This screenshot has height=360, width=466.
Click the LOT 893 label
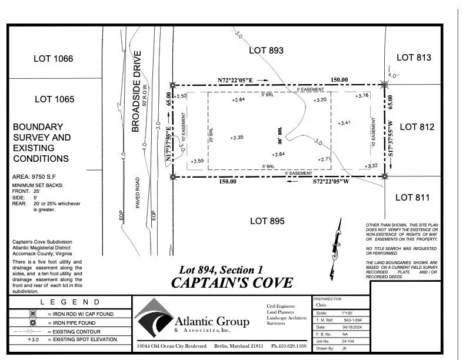coord(267,51)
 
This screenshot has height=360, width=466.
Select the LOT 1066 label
coord(54,58)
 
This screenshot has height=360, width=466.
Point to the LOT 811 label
coord(412,197)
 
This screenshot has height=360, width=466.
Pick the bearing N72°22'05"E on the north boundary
coord(235,79)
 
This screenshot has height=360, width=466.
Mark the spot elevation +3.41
coord(344,123)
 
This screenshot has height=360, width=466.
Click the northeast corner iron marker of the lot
coord(384,85)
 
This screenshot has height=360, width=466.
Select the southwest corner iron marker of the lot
coord(172,176)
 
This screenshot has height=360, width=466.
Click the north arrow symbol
coord(337,241)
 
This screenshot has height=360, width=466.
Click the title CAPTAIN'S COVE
coord(231,282)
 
